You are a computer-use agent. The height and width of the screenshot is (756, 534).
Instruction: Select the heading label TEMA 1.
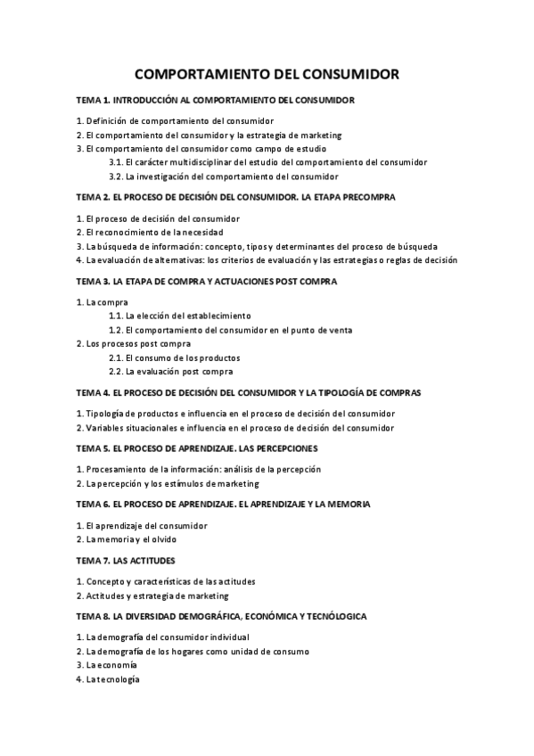click(x=93, y=101)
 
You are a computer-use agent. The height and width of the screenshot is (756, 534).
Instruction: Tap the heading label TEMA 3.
click(x=93, y=282)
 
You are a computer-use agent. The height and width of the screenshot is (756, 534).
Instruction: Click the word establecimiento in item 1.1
click(x=215, y=316)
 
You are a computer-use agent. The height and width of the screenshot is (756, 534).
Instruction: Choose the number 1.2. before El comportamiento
click(x=115, y=330)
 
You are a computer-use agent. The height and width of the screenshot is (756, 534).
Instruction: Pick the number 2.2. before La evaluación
click(x=115, y=372)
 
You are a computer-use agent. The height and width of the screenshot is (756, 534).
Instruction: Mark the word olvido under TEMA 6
click(x=164, y=539)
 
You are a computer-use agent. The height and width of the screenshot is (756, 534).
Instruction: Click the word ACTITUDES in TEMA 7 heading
click(x=146, y=561)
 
